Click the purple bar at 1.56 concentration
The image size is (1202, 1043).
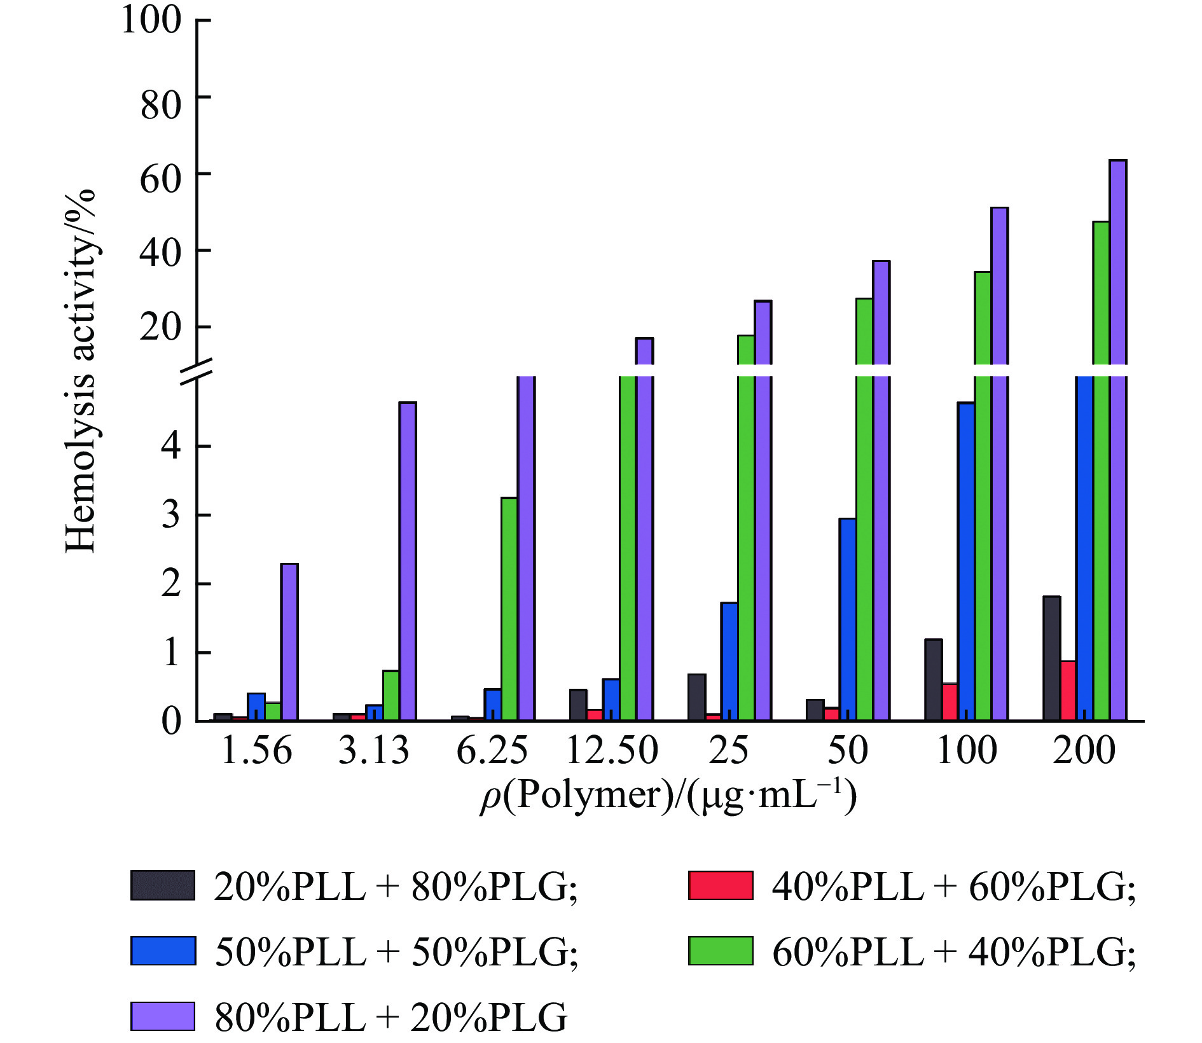click(x=289, y=642)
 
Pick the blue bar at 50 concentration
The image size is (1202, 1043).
click(x=847, y=619)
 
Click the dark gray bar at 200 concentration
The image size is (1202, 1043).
click(x=1051, y=658)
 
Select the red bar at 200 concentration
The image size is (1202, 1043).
click(x=1068, y=691)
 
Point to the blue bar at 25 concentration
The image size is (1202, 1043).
click(x=729, y=661)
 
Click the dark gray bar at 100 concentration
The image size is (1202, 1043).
click(x=933, y=680)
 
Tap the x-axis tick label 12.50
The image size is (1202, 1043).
click(x=611, y=750)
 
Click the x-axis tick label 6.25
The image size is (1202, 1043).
click(x=492, y=750)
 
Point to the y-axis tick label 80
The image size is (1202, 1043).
click(x=160, y=105)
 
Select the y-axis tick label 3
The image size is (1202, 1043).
click(x=171, y=515)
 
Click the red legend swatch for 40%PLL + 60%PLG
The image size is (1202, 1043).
click(x=721, y=885)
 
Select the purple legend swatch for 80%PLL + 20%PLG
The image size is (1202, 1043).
click(x=163, y=1016)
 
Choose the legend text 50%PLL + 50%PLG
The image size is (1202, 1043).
click(x=396, y=952)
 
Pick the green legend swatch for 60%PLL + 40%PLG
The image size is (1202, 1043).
click(x=721, y=951)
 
